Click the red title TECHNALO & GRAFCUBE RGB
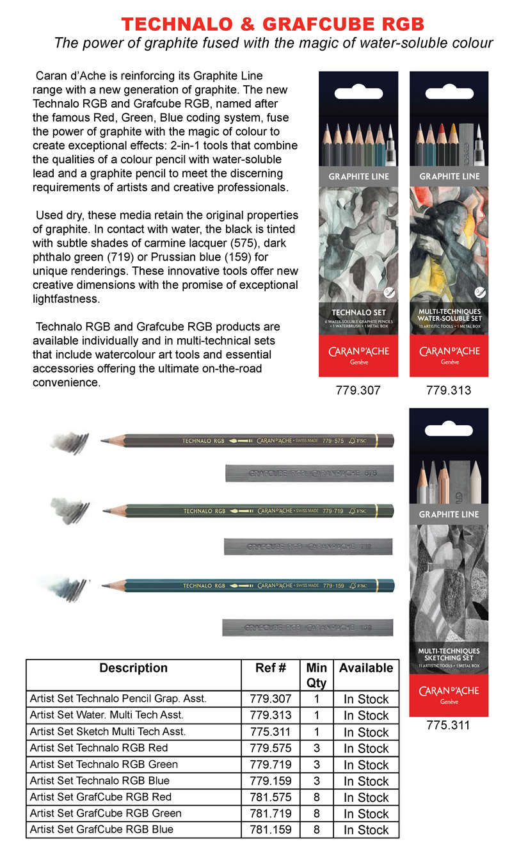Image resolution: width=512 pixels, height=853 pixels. pyautogui.click(x=273, y=24)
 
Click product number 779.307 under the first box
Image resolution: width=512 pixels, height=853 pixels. pyautogui.click(x=358, y=389)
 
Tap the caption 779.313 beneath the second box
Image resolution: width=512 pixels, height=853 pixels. pyautogui.click(x=449, y=389)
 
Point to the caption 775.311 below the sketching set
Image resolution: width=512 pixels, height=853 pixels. pyautogui.click(x=448, y=725)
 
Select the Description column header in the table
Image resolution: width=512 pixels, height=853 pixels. pyautogui.click(x=133, y=668)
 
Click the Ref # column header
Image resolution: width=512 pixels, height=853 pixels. pyautogui.click(x=270, y=668)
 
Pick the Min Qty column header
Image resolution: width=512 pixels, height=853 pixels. pyautogui.click(x=317, y=675)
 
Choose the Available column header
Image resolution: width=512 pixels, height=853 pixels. pyautogui.click(x=366, y=668)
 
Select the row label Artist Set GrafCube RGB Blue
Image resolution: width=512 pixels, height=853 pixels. pyautogui.click(x=102, y=830)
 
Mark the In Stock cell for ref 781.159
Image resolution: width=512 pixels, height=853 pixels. pyautogui.click(x=366, y=830)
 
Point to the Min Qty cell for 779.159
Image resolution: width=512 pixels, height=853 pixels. pyautogui.click(x=317, y=781)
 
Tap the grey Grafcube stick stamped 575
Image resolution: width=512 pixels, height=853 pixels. pyautogui.click(x=309, y=473)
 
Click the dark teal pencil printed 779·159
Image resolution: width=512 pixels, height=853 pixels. pyautogui.click(x=256, y=585)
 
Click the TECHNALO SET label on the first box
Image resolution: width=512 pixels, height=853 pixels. pyautogui.click(x=358, y=313)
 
